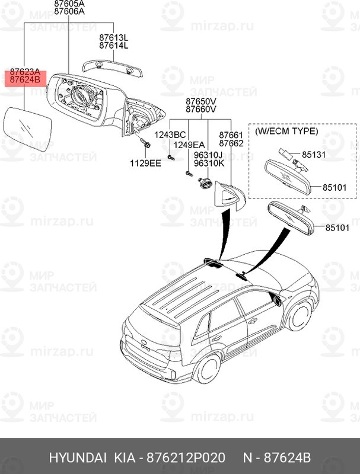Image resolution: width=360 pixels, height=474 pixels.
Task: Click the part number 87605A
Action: [x=69, y=4]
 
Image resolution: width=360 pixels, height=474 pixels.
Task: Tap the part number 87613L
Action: [x=114, y=37]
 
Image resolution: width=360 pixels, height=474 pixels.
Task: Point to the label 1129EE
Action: [x=146, y=162]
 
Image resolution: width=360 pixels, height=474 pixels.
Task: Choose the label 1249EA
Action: [x=190, y=145]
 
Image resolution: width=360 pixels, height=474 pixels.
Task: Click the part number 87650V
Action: [x=200, y=101]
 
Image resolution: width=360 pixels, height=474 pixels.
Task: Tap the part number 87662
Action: [x=231, y=143]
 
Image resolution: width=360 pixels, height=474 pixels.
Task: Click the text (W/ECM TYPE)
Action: [x=286, y=130]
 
